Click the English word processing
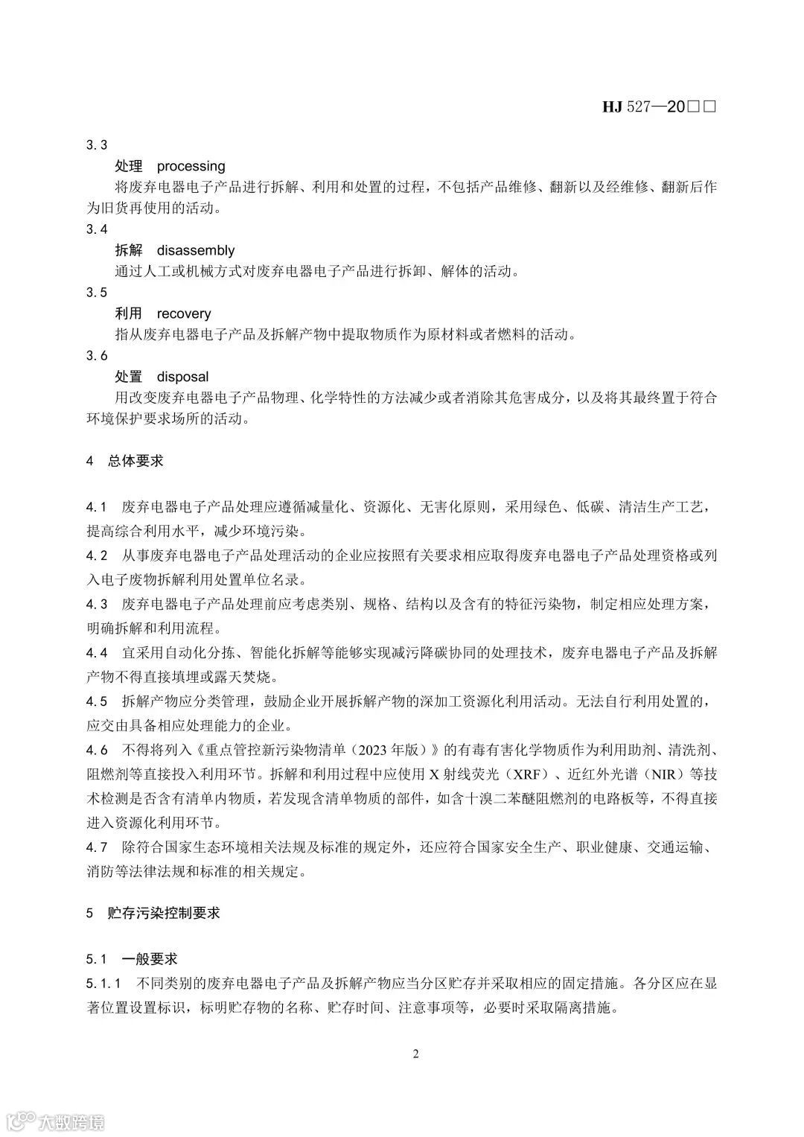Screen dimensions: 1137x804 [191, 166]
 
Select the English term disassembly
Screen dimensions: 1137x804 [195, 250]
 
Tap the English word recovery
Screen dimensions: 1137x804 [183, 313]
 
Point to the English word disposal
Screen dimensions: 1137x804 [182, 377]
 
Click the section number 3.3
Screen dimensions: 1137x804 [97, 145]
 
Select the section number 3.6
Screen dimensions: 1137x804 [97, 356]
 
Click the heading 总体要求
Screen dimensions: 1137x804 [135, 461]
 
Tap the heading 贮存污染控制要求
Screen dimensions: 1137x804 [163, 913]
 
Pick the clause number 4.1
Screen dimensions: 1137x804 [97, 508]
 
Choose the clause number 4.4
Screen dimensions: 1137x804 [97, 653]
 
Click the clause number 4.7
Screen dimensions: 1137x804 [97, 847]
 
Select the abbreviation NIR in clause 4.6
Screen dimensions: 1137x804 [656, 774]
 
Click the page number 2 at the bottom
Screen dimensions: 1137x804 [416, 1054]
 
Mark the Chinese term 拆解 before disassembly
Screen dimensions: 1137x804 [129, 250]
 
